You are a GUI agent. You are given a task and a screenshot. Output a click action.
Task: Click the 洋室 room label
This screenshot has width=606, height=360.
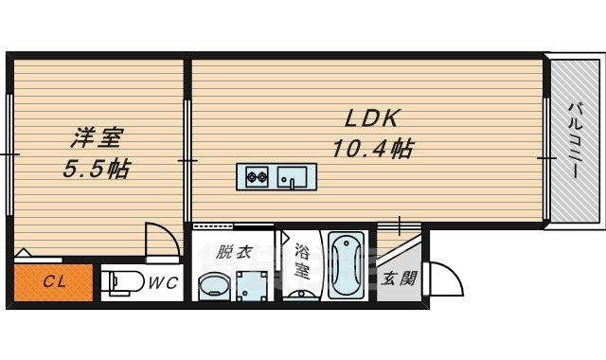(96, 139)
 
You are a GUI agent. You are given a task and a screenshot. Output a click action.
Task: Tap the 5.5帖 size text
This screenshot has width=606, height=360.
(96, 171)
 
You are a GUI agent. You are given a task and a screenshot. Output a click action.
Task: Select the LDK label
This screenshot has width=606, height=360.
(373, 118)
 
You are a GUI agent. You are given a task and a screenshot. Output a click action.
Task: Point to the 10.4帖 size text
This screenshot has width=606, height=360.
(372, 149)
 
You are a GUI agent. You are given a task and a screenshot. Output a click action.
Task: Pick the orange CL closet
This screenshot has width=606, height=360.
(53, 282)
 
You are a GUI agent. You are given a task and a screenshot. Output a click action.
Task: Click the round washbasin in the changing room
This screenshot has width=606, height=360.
(214, 286)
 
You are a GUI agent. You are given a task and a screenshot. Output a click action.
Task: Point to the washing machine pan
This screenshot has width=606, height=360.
(253, 285)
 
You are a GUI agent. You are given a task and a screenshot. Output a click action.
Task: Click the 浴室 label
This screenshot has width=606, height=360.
(301, 261)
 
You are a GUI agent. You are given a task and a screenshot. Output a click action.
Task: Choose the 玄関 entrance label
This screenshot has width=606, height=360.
(399, 279)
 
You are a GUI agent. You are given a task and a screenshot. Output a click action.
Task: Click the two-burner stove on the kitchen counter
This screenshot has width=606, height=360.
(258, 176)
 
